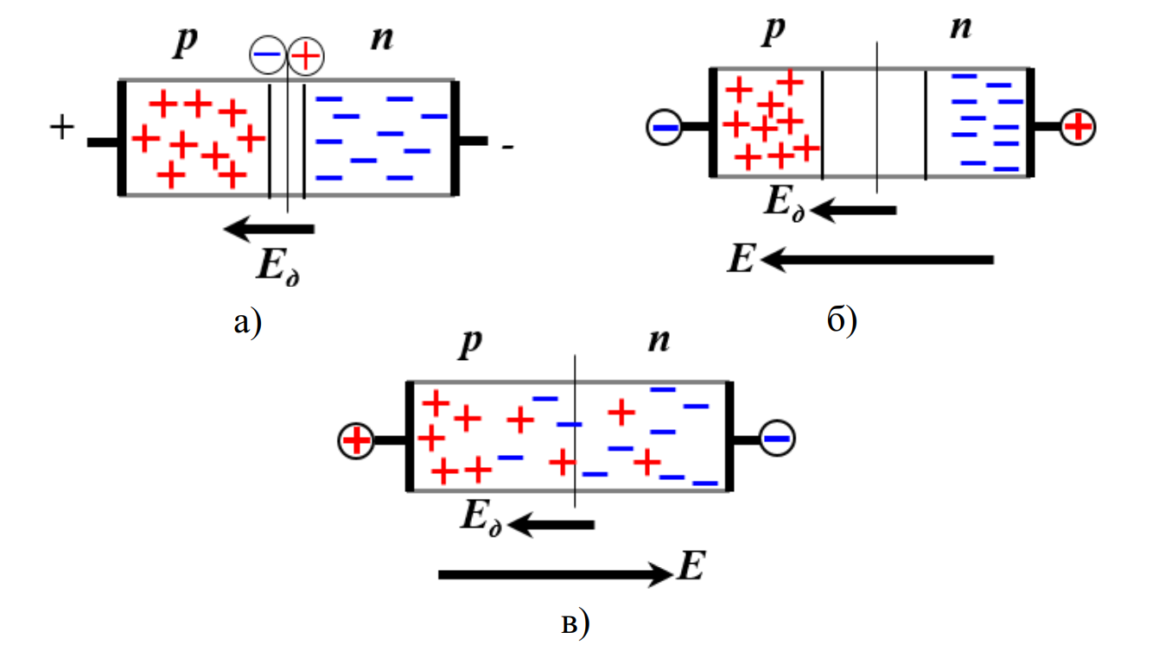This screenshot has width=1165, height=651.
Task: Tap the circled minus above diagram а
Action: (266, 57)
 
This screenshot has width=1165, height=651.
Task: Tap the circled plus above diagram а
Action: (304, 57)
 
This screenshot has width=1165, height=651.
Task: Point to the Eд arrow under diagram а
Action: (269, 229)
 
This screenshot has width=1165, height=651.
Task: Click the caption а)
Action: (246, 323)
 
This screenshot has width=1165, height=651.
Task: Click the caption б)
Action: (841, 321)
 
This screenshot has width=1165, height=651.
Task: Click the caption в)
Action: (575, 622)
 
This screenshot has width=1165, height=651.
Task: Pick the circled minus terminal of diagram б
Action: (665, 128)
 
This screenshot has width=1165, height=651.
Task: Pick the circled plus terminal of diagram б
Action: (1078, 127)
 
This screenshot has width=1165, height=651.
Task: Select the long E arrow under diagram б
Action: (877, 259)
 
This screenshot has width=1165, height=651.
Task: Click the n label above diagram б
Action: (960, 28)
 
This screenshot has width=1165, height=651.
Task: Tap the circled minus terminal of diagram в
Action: (777, 439)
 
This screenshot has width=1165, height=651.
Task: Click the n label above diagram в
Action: (659, 342)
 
